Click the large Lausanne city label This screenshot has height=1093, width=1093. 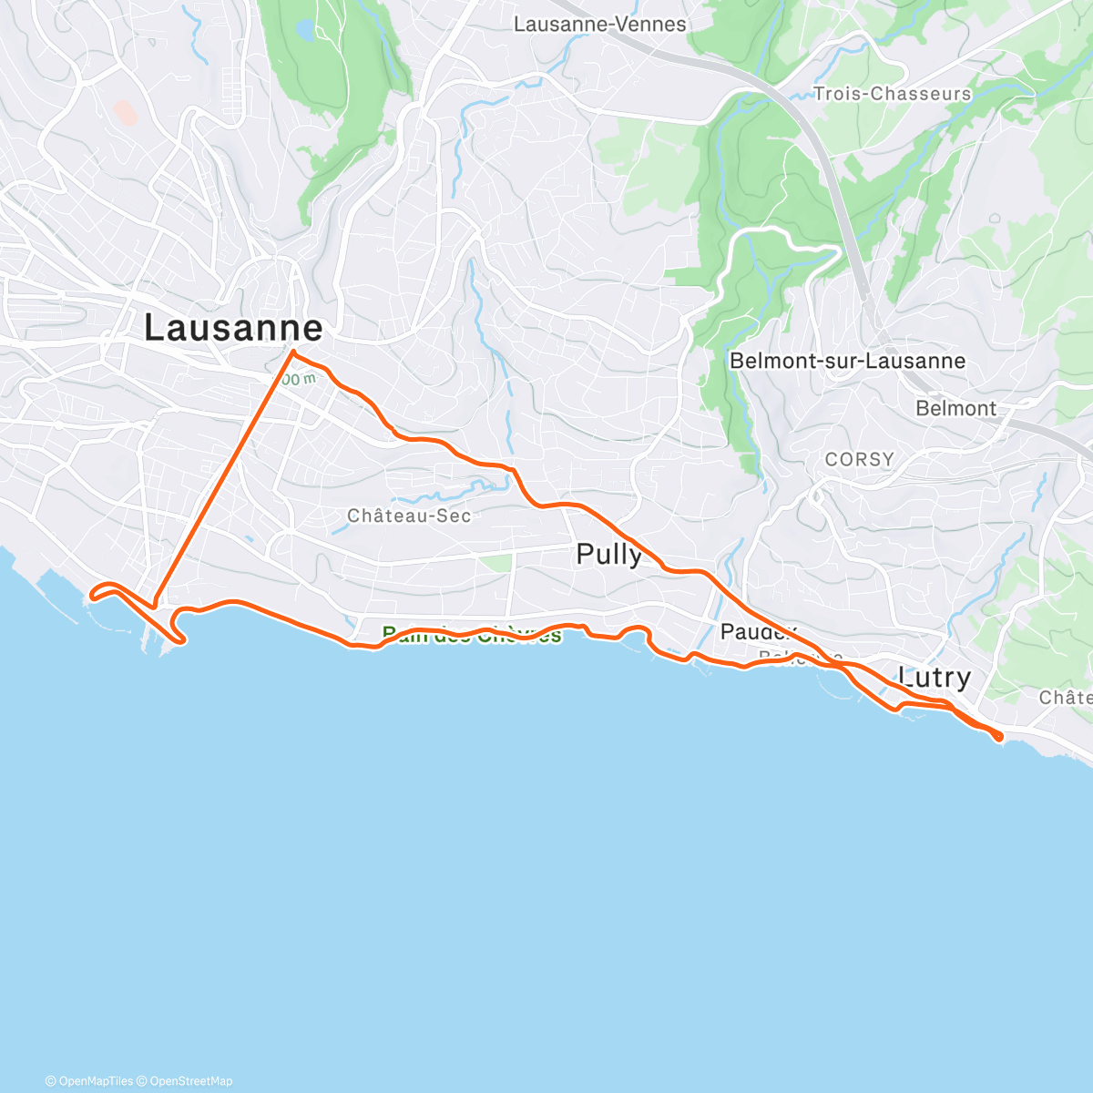pos(233,328)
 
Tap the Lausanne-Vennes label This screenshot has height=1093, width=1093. pos(599,25)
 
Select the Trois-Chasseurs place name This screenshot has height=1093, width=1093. pos(892,94)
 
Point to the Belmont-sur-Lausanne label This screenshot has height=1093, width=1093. pos(847,361)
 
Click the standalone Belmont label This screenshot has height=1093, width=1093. pos(955,408)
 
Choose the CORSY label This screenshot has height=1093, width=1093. pos(859,459)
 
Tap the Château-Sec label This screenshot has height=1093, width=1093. pos(409,516)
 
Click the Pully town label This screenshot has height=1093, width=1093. pos(608,554)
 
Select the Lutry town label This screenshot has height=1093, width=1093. pos(934,677)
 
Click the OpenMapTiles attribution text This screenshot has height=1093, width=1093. pos(89,1081)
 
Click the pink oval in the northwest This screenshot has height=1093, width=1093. pos(125,113)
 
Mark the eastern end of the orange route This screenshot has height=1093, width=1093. pos(999,736)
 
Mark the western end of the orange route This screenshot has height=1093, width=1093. pos(92,598)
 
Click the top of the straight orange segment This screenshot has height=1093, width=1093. pos(292,351)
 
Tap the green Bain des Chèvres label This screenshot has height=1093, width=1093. pos(472,636)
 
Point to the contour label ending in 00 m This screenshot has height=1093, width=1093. pos(299,378)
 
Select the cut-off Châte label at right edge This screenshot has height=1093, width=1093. pos(1065,697)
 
